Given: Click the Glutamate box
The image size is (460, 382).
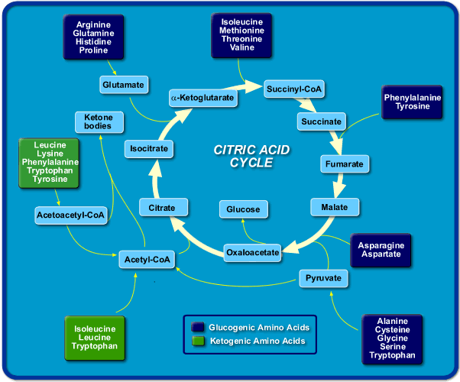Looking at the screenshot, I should point(123,85).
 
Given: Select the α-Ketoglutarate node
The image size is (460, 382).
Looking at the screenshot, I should point(202,99).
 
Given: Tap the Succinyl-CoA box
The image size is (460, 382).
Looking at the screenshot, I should point(294,89).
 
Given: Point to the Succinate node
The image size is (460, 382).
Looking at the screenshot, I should point(321,121).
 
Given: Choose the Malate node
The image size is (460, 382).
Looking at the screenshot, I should point(335,207).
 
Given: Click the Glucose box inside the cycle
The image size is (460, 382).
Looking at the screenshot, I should point(243,209).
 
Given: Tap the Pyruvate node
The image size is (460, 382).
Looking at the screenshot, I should point(323,278).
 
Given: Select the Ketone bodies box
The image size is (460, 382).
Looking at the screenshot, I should point(98,121).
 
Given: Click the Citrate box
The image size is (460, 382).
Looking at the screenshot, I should point(162,207).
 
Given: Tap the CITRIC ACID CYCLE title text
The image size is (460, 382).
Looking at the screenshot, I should point(251,156).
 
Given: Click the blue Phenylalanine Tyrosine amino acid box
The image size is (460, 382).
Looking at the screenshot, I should point(413,103).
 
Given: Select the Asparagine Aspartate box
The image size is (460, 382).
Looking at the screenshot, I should point(381,249).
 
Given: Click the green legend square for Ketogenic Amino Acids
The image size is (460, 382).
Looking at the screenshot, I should point(198,342).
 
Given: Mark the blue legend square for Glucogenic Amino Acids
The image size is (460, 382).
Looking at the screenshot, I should point(198,327).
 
